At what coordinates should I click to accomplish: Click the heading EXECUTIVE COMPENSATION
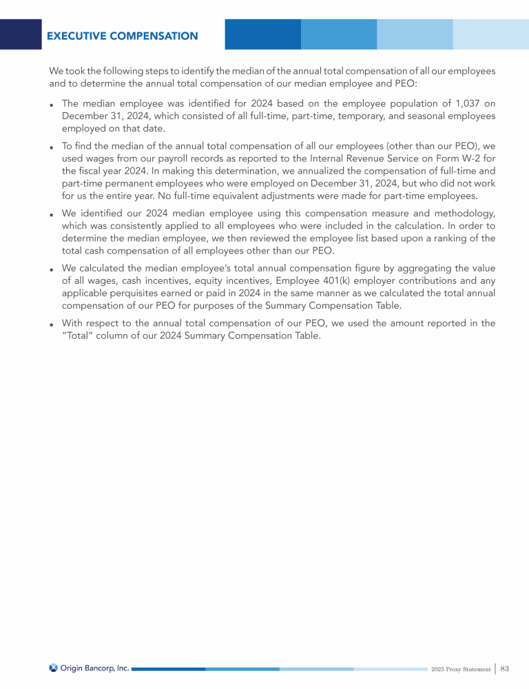[x=122, y=36]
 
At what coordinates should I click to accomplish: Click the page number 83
[x=504, y=668]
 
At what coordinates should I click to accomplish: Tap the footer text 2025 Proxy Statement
[x=461, y=669]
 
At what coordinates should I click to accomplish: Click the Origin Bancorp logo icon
[x=54, y=668]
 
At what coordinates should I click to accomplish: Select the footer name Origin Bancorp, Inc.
[x=94, y=668]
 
